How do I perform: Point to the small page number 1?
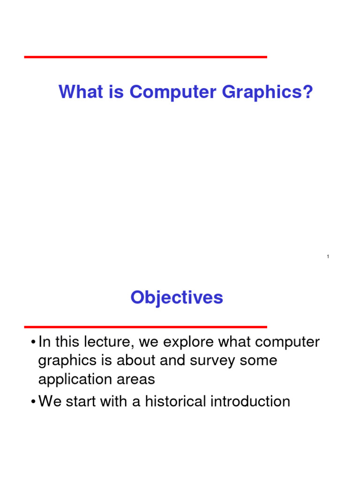coord(328,256)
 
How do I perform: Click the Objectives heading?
coord(177,298)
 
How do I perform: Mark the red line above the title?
coord(145,57)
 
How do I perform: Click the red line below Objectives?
coord(145,327)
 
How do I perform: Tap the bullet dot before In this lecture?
coord(33,343)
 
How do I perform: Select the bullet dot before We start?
coord(33,402)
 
